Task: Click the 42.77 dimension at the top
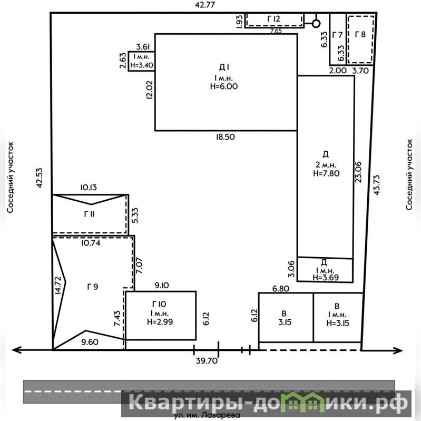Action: (205, 5)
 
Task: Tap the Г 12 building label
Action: (273, 19)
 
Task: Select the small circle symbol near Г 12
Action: (316, 24)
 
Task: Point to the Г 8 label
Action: (360, 34)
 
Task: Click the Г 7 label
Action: (338, 35)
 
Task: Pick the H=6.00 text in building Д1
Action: (224, 86)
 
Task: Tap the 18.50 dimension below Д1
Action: (226, 137)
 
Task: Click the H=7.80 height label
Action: (326, 173)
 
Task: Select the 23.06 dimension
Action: (358, 172)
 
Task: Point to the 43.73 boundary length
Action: (376, 185)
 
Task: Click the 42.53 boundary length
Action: (39, 178)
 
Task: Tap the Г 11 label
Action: (89, 214)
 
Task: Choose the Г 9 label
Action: (93, 287)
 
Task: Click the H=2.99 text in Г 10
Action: (160, 321)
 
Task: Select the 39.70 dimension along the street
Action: (207, 360)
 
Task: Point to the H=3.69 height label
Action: (326, 277)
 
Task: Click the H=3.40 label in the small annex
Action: (142, 65)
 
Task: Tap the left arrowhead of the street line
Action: (16, 350)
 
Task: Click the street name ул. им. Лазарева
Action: (207, 415)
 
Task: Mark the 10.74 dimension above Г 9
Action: (91, 243)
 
